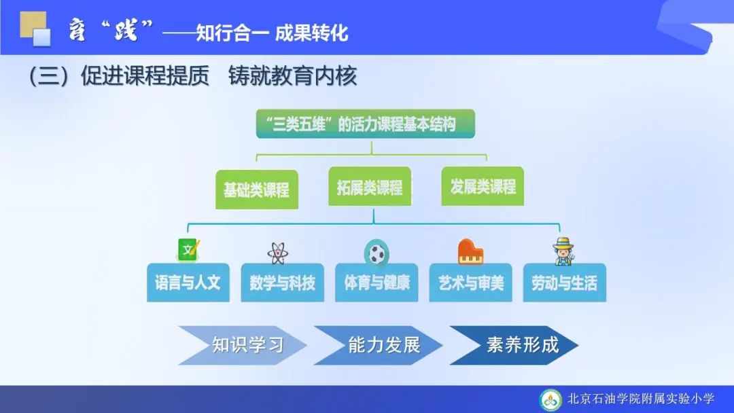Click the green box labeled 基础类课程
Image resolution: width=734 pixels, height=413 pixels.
(x=256, y=190)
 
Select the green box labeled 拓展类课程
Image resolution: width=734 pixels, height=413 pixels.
(x=370, y=187)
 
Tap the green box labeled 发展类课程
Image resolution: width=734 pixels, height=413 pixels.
(x=483, y=186)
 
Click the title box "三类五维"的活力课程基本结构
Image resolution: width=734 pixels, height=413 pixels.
(x=366, y=124)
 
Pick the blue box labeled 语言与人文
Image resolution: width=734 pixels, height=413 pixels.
(x=188, y=283)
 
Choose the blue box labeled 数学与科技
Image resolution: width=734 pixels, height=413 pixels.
(x=282, y=283)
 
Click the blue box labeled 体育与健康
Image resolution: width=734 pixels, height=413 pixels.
(x=377, y=283)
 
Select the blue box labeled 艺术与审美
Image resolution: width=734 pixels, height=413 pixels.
(x=470, y=283)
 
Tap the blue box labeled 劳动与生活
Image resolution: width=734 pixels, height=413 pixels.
(x=565, y=283)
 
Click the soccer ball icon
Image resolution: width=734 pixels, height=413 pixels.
(x=377, y=253)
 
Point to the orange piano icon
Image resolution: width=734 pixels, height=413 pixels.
(x=470, y=251)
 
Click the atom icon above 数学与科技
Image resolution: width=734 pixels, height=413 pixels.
(x=278, y=254)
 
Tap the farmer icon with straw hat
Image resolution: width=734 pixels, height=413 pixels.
(x=563, y=251)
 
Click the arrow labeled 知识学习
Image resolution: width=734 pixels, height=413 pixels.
(x=243, y=345)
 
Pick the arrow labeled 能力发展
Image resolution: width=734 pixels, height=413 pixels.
(x=379, y=345)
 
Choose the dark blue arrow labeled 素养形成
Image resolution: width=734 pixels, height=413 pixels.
(x=514, y=345)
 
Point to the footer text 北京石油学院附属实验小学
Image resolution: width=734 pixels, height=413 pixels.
(x=641, y=399)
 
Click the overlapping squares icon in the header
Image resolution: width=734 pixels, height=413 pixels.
(x=35, y=29)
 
